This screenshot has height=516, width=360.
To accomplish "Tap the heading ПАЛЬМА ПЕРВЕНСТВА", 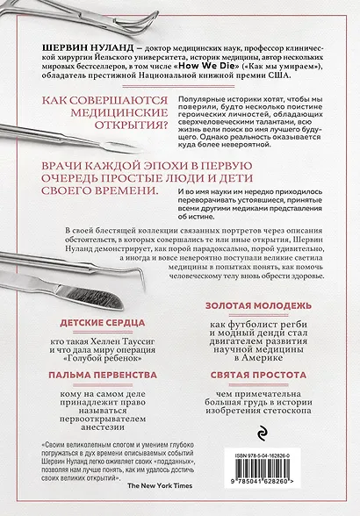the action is tap(85, 374).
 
